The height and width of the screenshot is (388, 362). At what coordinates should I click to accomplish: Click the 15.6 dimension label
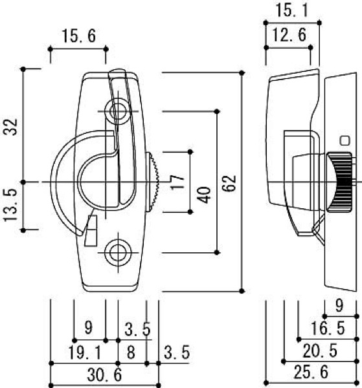tap(78, 36)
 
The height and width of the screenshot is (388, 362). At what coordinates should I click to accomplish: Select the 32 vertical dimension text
tap(11, 127)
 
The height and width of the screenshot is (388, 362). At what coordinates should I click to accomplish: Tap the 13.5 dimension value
tap(10, 205)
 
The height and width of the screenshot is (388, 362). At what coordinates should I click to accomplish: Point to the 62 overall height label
tap(229, 184)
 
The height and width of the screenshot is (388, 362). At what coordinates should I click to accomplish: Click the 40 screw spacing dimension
tap(205, 195)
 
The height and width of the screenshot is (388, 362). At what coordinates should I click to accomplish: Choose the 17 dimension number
tap(177, 182)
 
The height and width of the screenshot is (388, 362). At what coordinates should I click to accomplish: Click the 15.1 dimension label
tap(292, 10)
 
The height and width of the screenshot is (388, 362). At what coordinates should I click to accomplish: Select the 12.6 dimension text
tap(289, 35)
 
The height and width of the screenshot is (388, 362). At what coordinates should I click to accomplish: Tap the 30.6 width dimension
tap(104, 374)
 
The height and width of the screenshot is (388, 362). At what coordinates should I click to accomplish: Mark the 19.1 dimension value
tap(85, 352)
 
